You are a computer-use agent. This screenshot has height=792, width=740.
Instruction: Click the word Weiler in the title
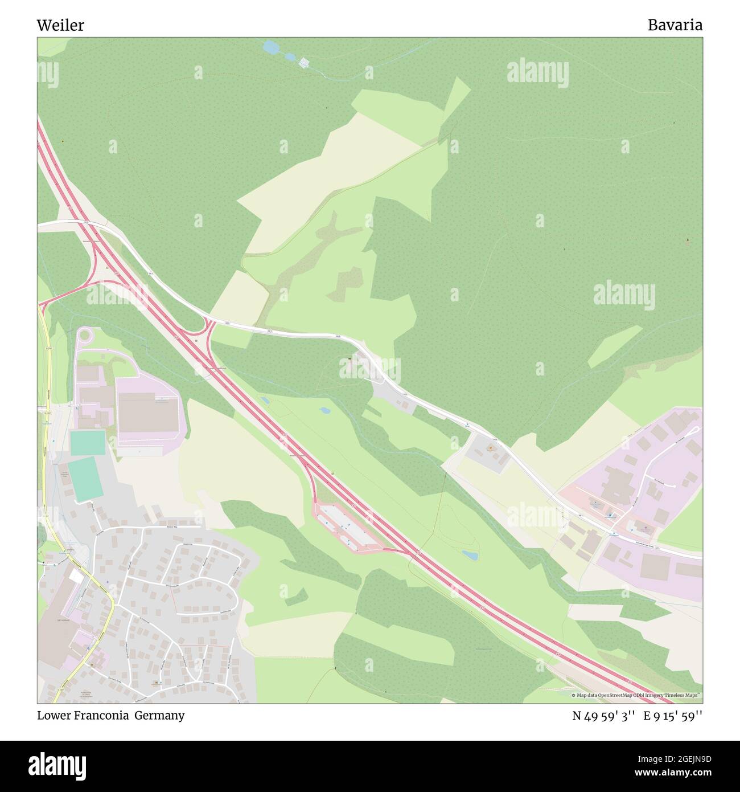tap(60, 25)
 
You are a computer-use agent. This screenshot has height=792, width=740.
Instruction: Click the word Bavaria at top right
tap(675, 25)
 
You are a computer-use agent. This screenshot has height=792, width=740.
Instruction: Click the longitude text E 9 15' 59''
tap(673, 716)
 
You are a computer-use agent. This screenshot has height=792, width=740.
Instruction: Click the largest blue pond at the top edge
tap(271, 48)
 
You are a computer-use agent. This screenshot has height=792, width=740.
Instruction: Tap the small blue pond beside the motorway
tap(470, 554)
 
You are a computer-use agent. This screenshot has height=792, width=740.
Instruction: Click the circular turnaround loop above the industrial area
tap(84, 335)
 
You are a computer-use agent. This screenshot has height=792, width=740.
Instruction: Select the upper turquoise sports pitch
tap(88, 443)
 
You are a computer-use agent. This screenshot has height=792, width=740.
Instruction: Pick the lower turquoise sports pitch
tap(86, 480)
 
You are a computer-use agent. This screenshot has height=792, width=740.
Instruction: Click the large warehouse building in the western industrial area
tap(147, 415)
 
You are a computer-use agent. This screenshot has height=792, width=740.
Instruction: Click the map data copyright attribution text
tap(636, 695)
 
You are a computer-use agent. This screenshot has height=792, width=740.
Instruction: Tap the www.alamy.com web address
tap(667, 773)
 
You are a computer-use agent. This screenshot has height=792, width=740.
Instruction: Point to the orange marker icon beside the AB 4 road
tap(490, 449)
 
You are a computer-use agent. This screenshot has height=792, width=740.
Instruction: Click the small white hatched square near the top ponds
tap(305, 62)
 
